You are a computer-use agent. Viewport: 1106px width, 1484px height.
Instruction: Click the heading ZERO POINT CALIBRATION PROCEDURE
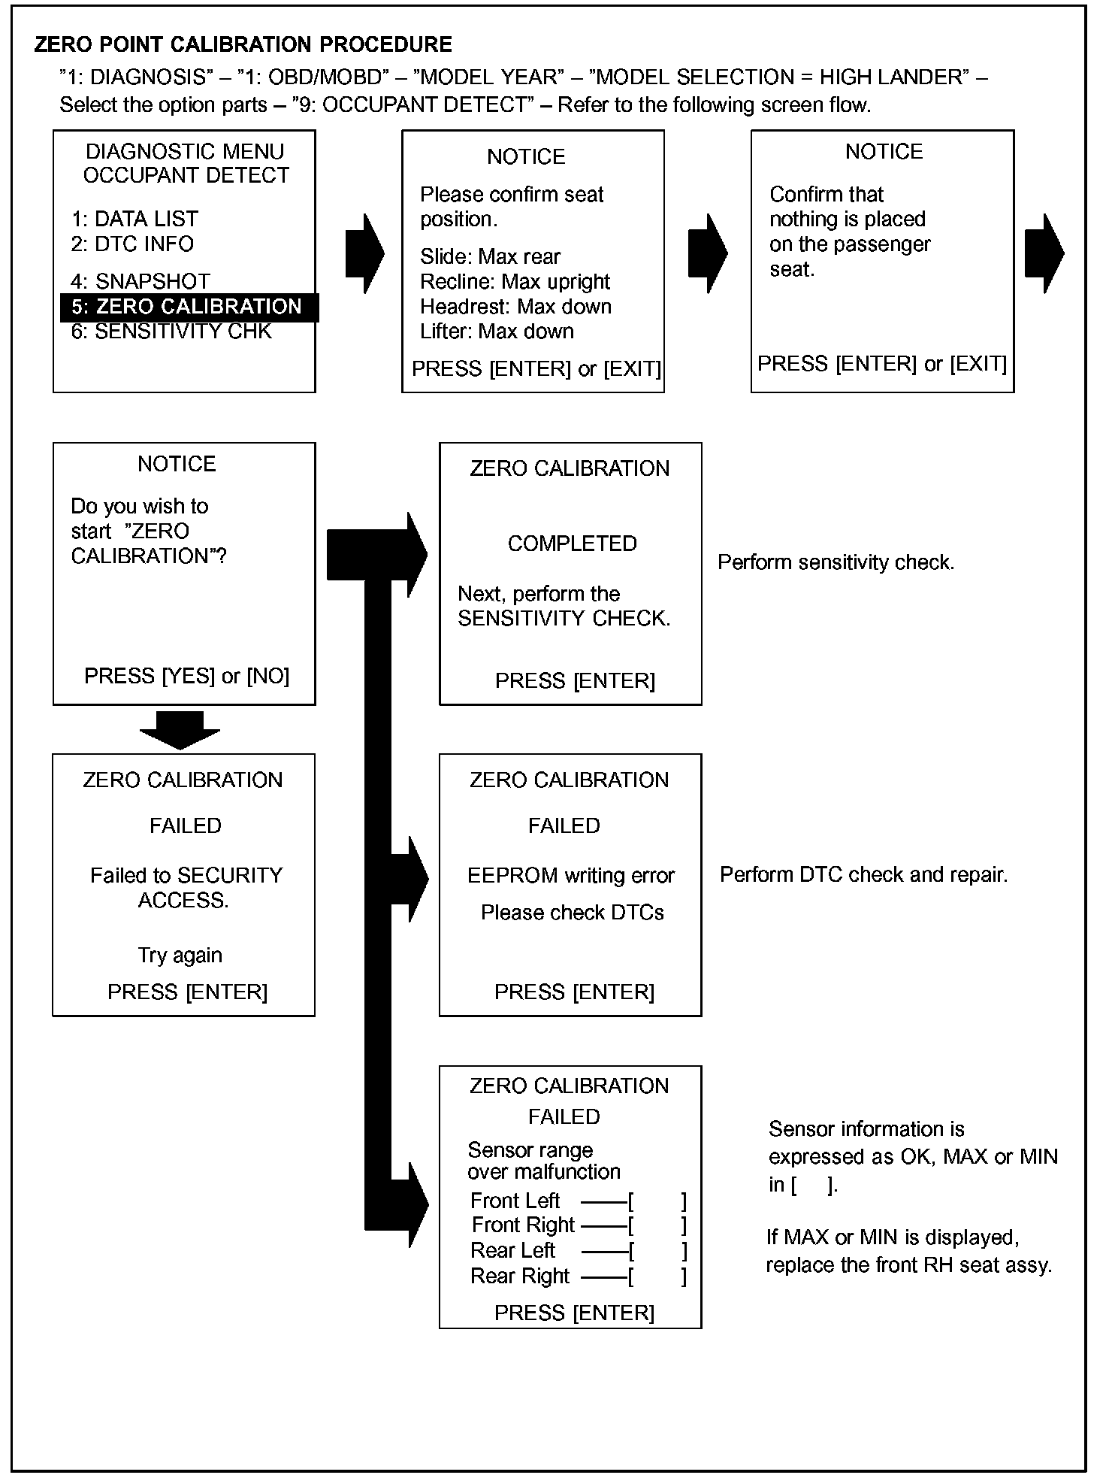click(x=243, y=45)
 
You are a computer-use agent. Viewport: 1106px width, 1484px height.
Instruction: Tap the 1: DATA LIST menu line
click(x=134, y=219)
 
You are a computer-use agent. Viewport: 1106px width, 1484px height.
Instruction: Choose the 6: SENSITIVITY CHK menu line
click(x=171, y=332)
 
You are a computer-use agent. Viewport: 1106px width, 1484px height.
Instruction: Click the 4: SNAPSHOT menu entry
click(x=141, y=281)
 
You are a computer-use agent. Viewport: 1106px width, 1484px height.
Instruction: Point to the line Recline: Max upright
click(x=515, y=282)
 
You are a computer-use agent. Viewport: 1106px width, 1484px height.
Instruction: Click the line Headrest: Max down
click(x=515, y=307)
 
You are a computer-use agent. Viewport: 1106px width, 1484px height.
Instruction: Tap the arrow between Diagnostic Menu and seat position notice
click(x=364, y=253)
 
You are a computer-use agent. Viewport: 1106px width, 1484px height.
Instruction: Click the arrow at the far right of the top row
click(x=1044, y=253)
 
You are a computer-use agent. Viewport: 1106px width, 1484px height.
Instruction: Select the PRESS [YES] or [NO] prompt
click(x=186, y=676)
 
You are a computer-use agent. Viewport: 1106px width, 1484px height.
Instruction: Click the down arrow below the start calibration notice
click(x=180, y=730)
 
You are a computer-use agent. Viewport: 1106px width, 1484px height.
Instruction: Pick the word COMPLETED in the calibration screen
click(x=572, y=544)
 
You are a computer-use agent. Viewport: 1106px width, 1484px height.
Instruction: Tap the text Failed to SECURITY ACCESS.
click(x=186, y=888)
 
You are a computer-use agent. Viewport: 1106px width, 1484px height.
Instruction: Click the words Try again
click(x=180, y=956)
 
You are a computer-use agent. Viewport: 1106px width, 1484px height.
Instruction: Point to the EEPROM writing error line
click(x=571, y=876)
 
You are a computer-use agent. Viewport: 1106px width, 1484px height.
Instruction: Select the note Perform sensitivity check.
click(x=836, y=562)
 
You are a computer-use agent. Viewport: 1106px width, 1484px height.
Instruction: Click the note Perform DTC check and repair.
click(x=863, y=874)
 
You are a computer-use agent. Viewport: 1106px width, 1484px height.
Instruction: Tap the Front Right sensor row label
click(x=523, y=1225)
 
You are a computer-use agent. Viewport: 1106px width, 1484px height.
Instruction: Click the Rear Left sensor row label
click(x=512, y=1250)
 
